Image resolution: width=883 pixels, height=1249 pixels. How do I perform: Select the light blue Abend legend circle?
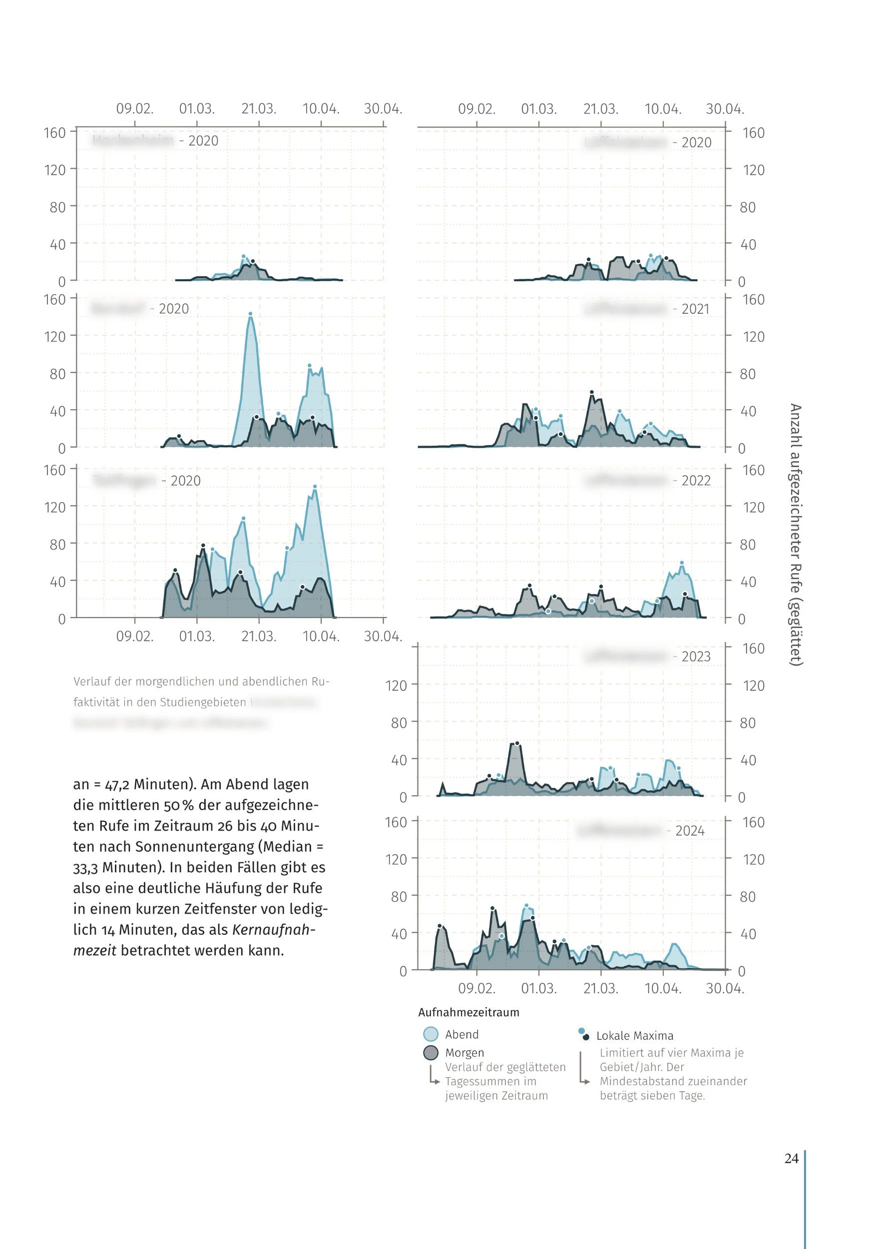(x=431, y=1034)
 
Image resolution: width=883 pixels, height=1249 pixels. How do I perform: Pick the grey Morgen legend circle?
(x=431, y=1053)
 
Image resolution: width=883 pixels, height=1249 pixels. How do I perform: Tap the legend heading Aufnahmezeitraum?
(x=468, y=1012)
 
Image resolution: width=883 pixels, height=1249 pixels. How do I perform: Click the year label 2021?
(x=695, y=309)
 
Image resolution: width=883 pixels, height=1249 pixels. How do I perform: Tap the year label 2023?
(x=696, y=656)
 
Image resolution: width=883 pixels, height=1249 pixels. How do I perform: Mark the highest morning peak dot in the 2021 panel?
(x=591, y=392)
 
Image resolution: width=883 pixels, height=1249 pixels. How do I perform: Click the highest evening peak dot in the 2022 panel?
(x=682, y=563)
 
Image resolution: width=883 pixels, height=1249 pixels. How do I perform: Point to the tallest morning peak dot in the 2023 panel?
(x=517, y=743)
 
